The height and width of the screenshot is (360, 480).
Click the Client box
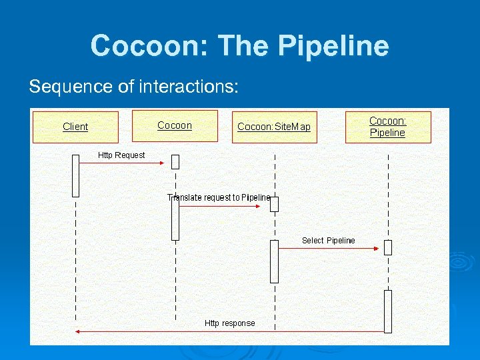[x=75, y=127]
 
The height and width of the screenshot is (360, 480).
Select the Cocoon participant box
[x=175, y=125]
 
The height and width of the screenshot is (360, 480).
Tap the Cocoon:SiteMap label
[x=274, y=127]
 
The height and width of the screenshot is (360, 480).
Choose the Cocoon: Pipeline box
[x=387, y=127]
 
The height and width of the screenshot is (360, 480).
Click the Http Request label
[x=121, y=155]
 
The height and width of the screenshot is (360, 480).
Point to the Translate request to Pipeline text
[x=219, y=197]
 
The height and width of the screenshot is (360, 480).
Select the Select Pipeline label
[x=328, y=241]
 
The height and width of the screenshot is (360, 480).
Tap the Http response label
[x=229, y=323]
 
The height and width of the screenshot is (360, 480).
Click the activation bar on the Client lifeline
[x=75, y=175]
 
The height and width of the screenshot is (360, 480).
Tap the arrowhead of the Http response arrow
[x=78, y=331]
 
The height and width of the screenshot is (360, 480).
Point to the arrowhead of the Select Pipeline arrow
[x=376, y=248]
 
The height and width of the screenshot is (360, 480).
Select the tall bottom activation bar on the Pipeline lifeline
[x=388, y=311]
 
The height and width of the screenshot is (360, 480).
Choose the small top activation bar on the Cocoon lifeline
[x=175, y=161]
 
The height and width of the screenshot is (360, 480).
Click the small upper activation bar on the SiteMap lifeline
[x=274, y=204]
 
